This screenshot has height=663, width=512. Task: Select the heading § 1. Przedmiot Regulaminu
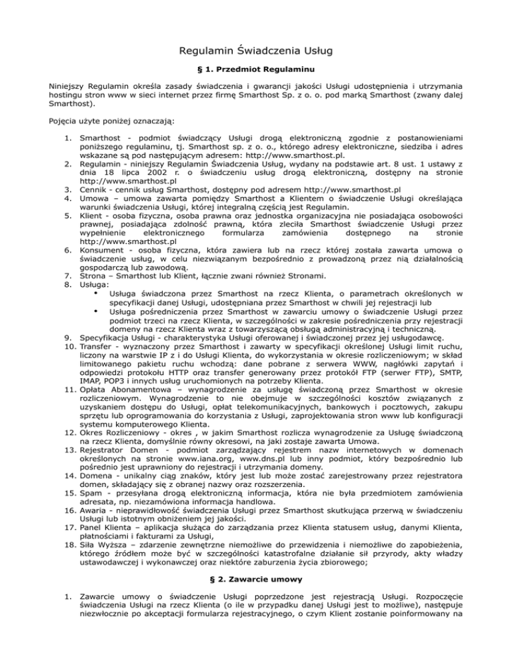click(x=256, y=69)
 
